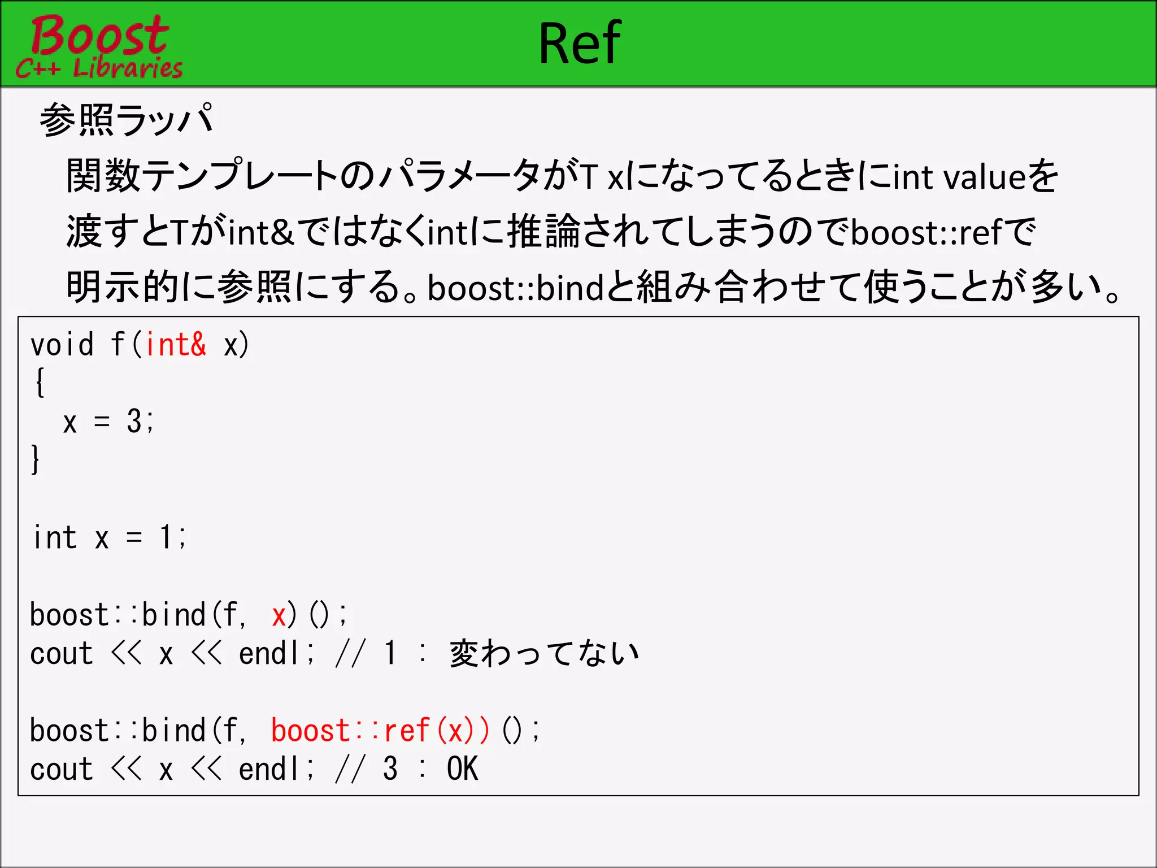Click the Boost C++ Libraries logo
tap(99, 46)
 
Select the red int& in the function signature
tap(176, 344)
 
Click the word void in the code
tap(62, 344)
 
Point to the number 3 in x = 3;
tap(134, 421)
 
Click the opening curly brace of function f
tap(39, 383)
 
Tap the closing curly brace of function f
tap(36, 459)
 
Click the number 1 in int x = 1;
tap(166, 537)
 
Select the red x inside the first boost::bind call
tap(279, 615)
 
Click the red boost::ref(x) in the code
tap(380, 731)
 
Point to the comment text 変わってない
tap(544, 654)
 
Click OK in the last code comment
tap(462, 769)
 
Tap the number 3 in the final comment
tap(390, 769)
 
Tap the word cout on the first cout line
tap(61, 654)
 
